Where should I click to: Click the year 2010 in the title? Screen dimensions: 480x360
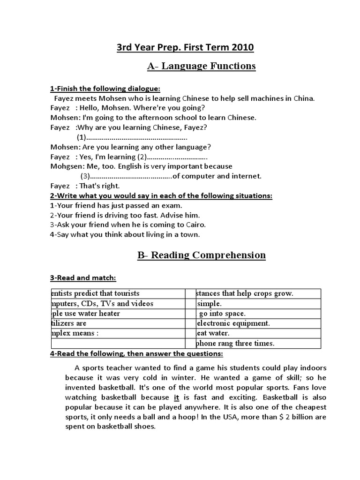coord(242,47)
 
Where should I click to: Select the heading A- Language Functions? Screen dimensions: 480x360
coord(202,66)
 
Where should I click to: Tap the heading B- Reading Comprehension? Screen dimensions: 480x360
coord(202,255)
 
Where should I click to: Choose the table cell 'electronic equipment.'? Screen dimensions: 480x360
coord(232,323)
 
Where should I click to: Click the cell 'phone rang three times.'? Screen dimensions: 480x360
coord(234,343)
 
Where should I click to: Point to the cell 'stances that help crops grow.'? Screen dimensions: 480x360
coord(244,293)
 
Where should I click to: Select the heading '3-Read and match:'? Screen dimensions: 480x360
coord(83,278)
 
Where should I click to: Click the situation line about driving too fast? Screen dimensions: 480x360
coord(125,215)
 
